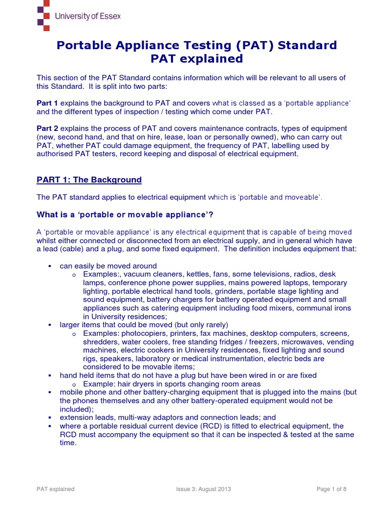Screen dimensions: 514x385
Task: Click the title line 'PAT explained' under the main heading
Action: pos(189,59)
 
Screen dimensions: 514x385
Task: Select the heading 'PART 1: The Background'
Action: pos(89,180)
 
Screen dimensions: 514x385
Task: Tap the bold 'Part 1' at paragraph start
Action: pos(48,102)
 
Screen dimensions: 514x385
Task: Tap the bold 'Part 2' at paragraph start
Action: pos(48,128)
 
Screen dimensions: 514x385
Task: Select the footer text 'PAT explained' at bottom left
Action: pos(56,489)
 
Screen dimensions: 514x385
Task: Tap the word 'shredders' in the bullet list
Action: pos(100,342)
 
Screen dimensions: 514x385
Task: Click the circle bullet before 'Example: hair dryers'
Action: pos(74,384)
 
